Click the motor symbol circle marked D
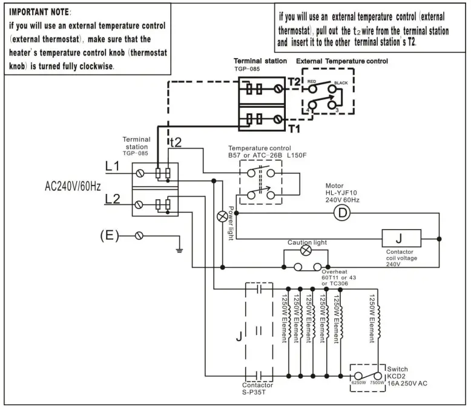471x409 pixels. [x=343, y=213]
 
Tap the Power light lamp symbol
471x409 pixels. [x=222, y=216]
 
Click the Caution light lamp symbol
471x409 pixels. [x=306, y=251]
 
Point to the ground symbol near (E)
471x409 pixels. [x=179, y=248]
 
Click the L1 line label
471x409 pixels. [x=113, y=165]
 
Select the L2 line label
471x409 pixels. [x=113, y=198]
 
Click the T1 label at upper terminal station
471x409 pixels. [x=294, y=128]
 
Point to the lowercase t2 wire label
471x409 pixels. [x=175, y=142]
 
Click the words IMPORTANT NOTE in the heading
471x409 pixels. [x=39, y=12]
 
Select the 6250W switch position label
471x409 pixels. [x=359, y=383]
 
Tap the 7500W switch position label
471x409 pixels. [x=378, y=383]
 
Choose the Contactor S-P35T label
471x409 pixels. [x=258, y=388]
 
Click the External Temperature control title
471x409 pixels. [x=341, y=61]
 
